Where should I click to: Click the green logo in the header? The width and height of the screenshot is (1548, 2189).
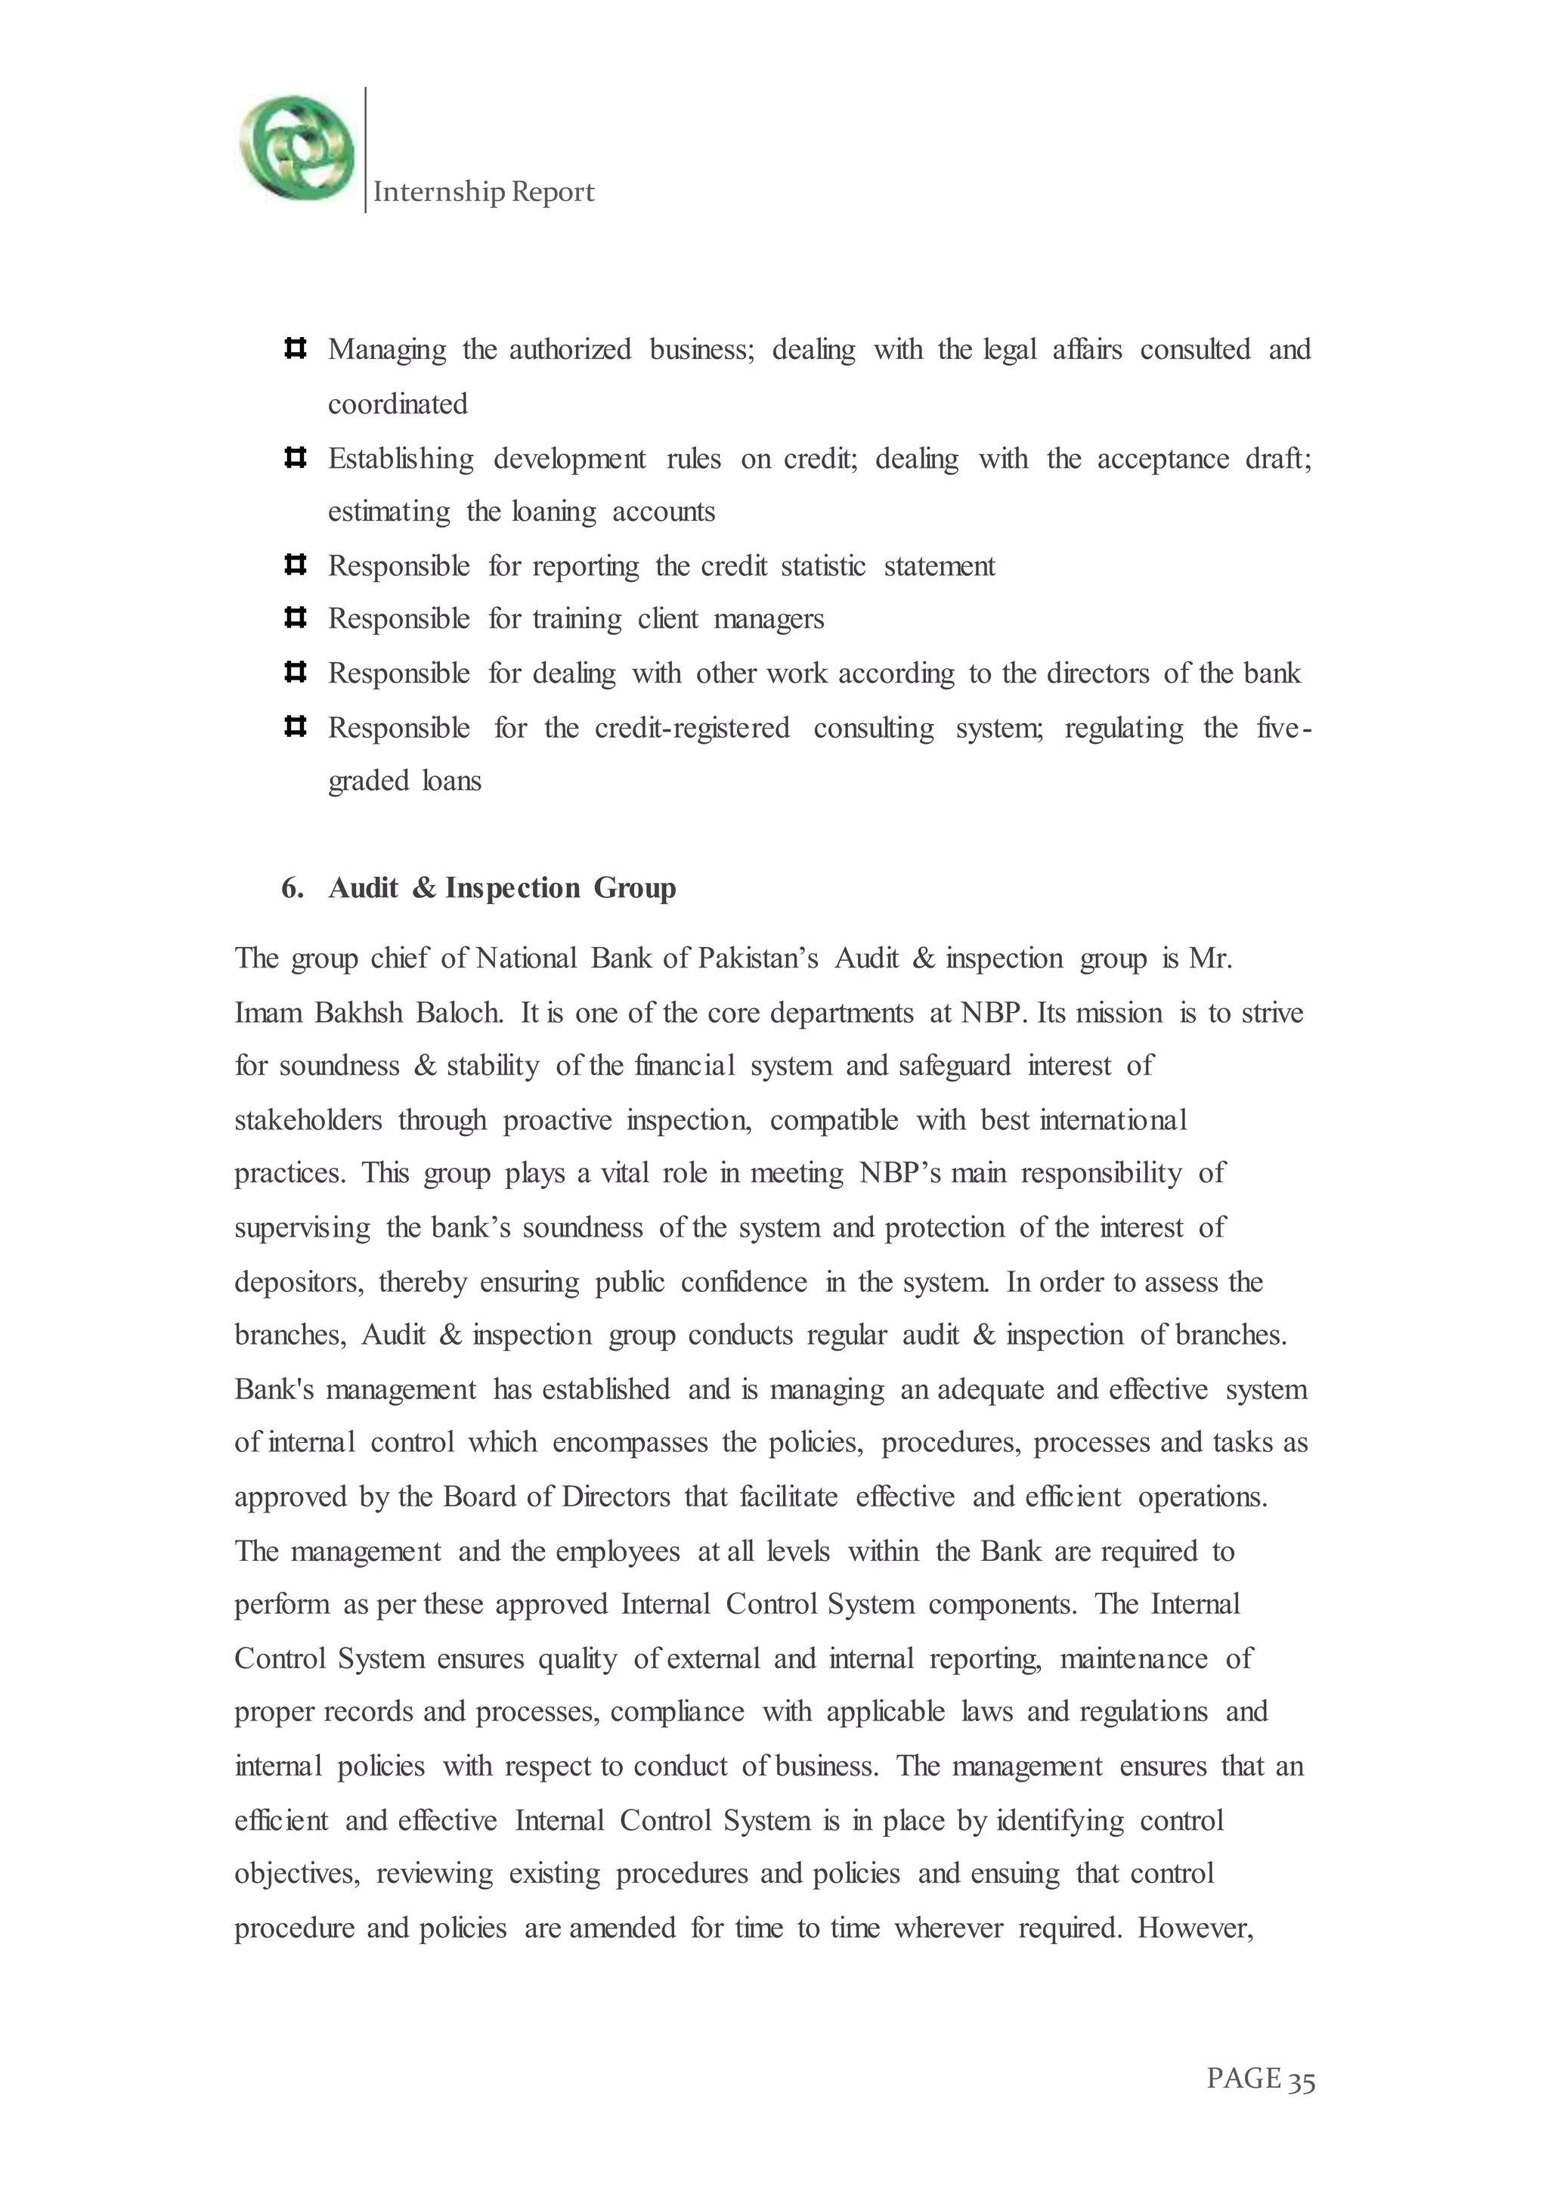(x=296, y=148)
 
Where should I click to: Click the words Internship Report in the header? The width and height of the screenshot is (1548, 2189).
(x=483, y=192)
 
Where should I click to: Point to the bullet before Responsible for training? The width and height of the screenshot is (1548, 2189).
(x=295, y=618)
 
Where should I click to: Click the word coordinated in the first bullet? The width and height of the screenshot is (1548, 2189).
(x=398, y=404)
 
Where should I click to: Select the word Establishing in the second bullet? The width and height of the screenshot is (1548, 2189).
(x=401, y=459)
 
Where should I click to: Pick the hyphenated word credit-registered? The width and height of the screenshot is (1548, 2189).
(x=692, y=729)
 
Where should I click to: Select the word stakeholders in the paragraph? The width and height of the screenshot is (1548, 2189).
(x=308, y=1120)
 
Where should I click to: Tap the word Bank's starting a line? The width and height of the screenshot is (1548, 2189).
(x=274, y=1389)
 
